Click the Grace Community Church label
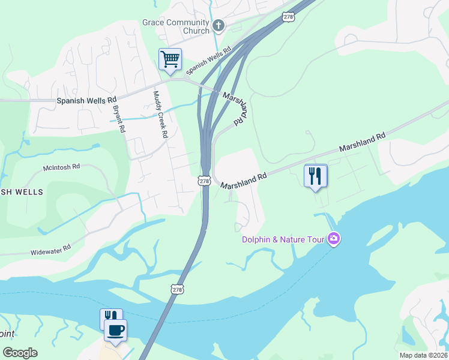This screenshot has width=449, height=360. point(176,26)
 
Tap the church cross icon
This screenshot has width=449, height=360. point(218,25)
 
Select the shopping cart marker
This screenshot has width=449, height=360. point(170,60)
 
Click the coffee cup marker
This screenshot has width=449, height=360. point(115,329)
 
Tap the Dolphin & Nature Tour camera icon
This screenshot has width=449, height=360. point(334,239)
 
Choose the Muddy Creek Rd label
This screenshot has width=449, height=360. point(159,114)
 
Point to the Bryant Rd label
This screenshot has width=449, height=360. point(118,119)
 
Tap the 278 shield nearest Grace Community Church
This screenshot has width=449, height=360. point(288,17)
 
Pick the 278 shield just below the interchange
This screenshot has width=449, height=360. point(204,181)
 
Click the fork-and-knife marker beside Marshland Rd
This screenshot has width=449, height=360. point(316,176)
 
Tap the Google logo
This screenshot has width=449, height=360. point(20,353)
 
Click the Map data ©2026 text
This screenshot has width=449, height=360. point(423,355)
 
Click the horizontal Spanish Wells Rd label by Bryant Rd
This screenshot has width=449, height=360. point(86,101)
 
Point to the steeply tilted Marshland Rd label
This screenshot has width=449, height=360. point(235,108)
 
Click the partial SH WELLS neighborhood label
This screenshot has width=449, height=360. point(22,192)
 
